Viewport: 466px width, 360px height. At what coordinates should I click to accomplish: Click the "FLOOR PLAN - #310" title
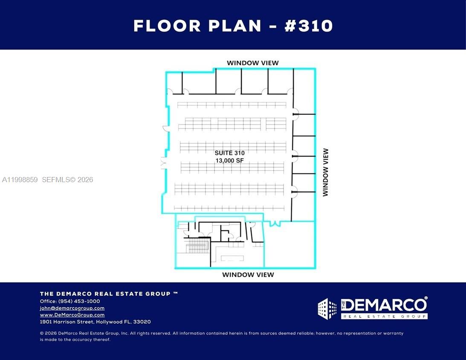coord(233,26)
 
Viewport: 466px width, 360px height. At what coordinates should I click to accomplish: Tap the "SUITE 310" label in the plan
coord(229,153)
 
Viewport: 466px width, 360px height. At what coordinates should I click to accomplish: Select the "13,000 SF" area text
coord(229,160)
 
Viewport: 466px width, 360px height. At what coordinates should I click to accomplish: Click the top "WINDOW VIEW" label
coord(252,63)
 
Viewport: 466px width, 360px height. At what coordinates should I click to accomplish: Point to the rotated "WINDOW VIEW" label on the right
coord(326,172)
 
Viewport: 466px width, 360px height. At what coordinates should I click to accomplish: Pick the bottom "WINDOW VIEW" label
coord(248,275)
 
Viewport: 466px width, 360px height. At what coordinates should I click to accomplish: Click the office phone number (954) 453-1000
coord(79,301)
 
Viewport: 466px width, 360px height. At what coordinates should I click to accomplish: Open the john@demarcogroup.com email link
coord(72,308)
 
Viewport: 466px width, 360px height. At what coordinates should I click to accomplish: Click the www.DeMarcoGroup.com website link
coord(72,315)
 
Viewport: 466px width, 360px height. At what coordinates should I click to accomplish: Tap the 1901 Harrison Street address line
coord(95,322)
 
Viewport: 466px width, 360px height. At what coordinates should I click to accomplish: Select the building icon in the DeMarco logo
coord(327,309)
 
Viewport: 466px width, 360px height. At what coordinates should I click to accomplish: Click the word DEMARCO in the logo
coord(384,305)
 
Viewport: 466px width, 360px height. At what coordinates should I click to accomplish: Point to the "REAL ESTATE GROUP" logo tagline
coord(384,316)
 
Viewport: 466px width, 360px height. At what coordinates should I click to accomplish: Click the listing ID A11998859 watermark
coord(20,180)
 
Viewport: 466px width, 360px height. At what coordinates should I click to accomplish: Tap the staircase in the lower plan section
coord(197,246)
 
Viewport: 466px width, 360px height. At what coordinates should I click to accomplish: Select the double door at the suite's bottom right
coord(275,223)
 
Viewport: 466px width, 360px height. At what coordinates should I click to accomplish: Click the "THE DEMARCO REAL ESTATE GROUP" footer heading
coord(109,294)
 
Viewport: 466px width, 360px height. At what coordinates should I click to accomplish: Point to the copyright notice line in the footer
coord(222,336)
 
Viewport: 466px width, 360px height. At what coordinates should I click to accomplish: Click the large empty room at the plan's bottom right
coord(290,245)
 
